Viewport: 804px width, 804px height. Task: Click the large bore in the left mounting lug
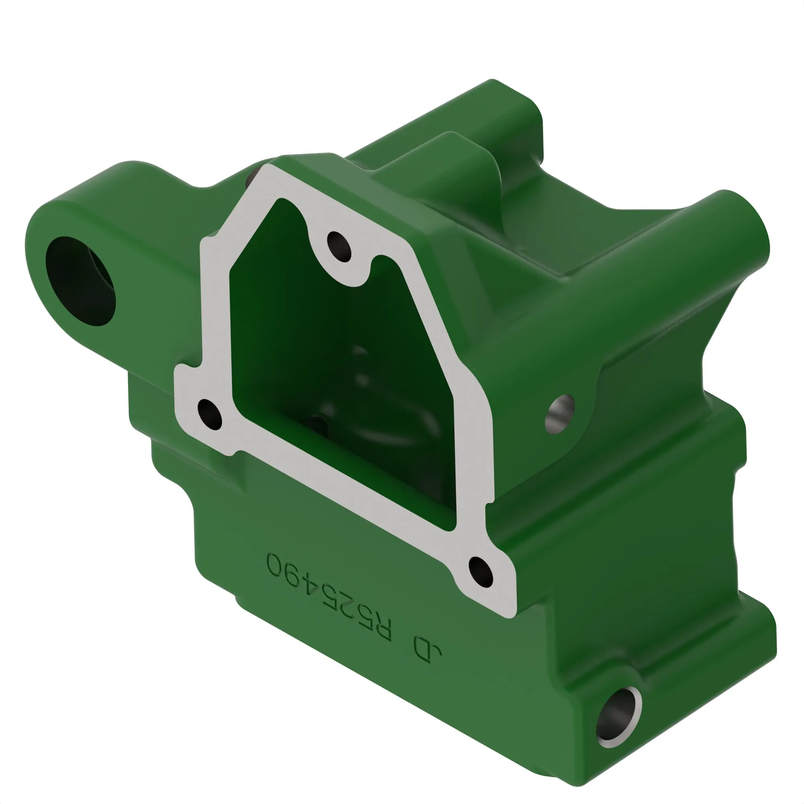(x=80, y=281)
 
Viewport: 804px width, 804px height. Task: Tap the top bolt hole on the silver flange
(x=339, y=247)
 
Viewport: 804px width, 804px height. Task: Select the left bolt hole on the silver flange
(x=210, y=414)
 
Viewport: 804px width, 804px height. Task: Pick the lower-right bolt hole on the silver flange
(x=481, y=572)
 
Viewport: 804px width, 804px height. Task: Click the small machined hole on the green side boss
(x=559, y=414)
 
